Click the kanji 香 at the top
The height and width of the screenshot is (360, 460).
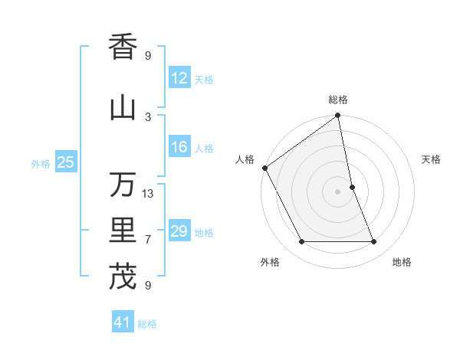click(123, 47)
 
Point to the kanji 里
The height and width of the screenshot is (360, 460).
click(123, 231)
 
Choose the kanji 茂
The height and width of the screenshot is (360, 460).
click(123, 277)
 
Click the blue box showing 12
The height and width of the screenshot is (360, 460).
click(179, 78)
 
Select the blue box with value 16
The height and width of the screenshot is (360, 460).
click(179, 148)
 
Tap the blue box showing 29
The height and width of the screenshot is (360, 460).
click(179, 232)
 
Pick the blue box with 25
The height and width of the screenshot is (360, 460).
click(66, 162)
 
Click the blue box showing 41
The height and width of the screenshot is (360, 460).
click(123, 323)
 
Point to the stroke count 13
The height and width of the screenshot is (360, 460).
click(148, 194)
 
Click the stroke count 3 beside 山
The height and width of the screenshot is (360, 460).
click(148, 116)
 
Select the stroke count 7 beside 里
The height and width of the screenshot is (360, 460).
click(148, 240)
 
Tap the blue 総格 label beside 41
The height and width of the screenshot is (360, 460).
click(147, 324)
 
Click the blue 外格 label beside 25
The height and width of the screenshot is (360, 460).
click(41, 163)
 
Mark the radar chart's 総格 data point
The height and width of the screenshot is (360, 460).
click(338, 116)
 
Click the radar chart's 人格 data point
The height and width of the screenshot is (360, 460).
click(264, 168)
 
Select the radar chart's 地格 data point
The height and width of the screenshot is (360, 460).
click(374, 242)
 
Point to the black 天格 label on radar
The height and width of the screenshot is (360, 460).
click(431, 159)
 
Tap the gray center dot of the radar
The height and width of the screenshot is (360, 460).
click(338, 191)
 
